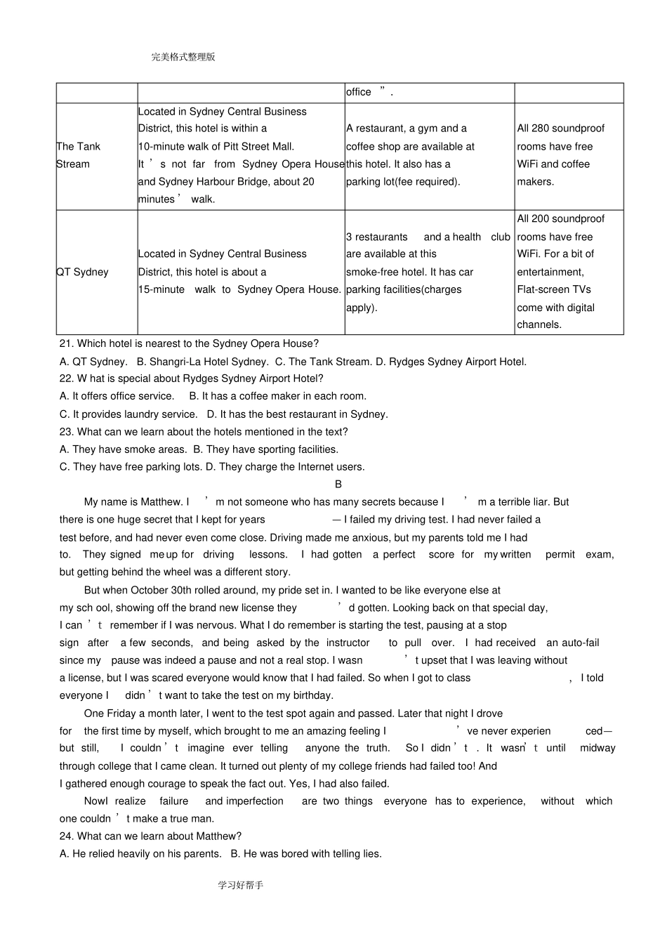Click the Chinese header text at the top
click(x=183, y=57)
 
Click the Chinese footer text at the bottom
click(x=240, y=885)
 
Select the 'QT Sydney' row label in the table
click(x=82, y=272)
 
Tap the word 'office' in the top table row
click(x=358, y=92)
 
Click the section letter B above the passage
click(x=338, y=485)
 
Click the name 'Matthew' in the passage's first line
click(x=161, y=502)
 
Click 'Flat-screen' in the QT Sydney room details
click(x=545, y=289)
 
